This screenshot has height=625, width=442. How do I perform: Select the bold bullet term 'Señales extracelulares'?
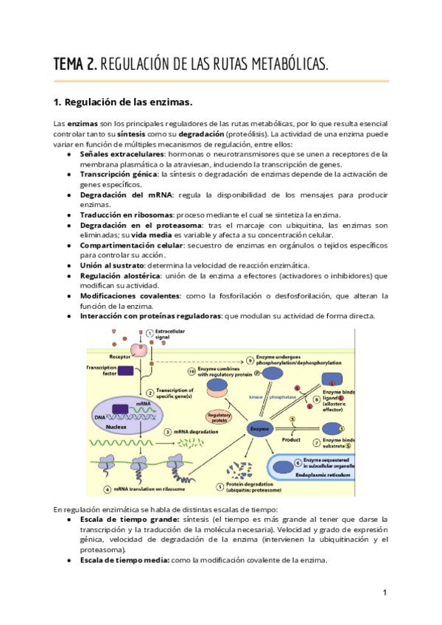(x=121, y=154)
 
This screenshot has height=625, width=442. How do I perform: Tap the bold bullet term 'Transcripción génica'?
(x=117, y=174)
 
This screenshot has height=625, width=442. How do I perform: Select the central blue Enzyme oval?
(x=259, y=427)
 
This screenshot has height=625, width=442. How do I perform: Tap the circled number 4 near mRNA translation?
(x=107, y=489)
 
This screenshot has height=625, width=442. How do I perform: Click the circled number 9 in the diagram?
(x=250, y=360)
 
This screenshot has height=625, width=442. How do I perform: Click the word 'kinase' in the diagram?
(x=256, y=397)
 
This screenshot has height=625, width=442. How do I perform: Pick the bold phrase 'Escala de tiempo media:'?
(x=125, y=560)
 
